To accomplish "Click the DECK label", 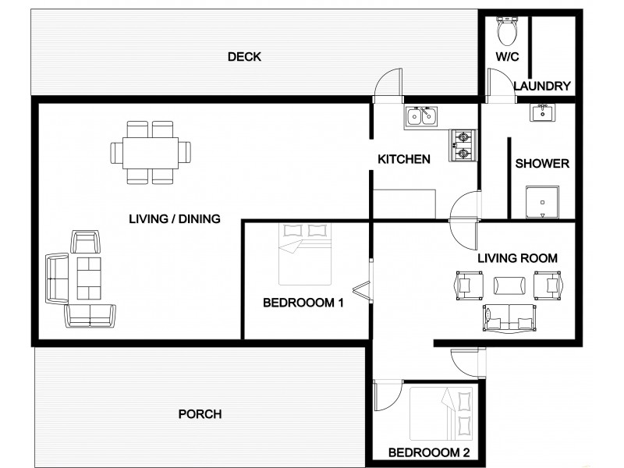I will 244,57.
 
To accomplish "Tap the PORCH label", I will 200,414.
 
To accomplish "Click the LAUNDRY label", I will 544,86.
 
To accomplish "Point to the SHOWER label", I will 542,164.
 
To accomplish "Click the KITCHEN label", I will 404,159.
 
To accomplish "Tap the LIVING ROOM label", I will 517,257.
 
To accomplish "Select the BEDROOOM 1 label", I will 303,303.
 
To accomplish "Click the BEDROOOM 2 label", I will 429,452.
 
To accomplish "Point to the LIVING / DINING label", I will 175,219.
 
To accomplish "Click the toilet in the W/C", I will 507,30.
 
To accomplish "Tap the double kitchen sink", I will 422,118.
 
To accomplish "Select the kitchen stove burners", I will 462,145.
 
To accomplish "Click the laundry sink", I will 543,114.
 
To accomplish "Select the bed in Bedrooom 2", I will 442,413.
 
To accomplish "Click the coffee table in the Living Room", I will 508,285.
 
